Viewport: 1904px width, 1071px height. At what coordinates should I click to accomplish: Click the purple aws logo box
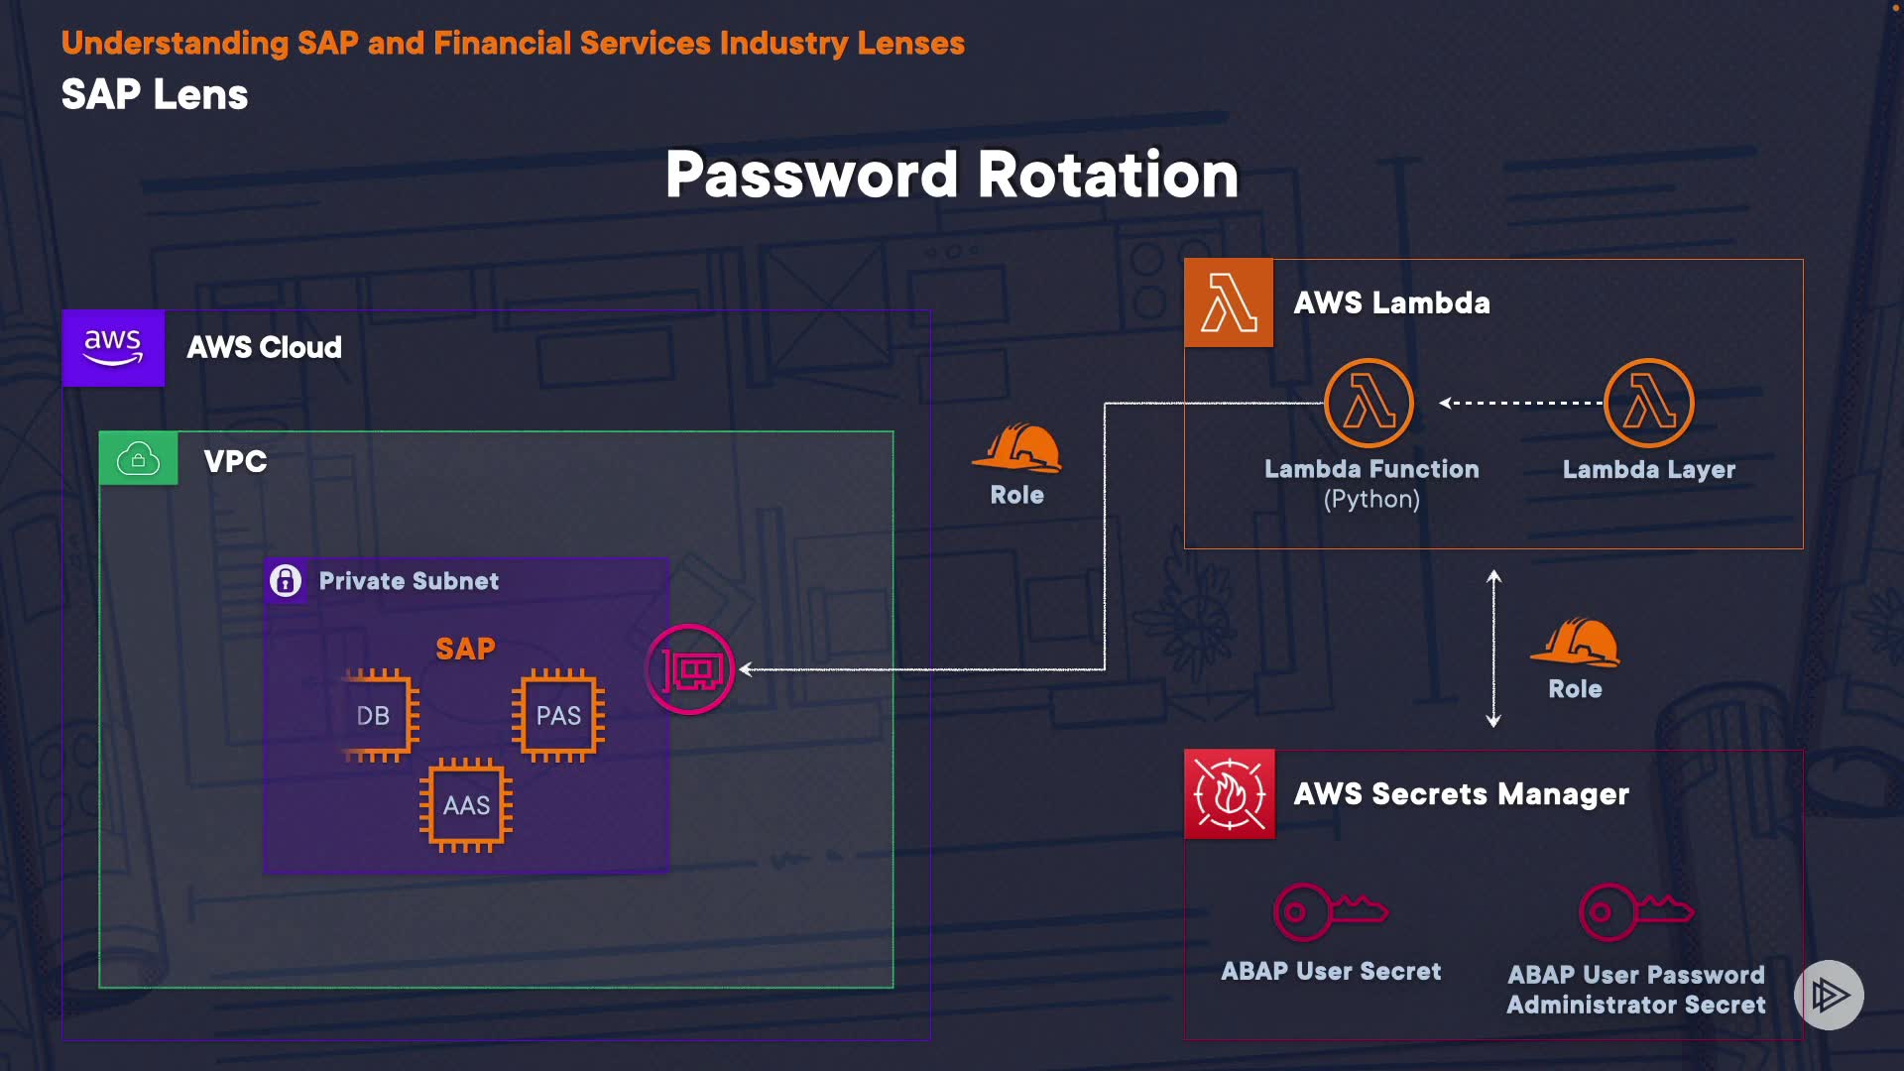(113, 348)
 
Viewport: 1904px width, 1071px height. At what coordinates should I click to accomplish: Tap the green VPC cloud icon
(138, 459)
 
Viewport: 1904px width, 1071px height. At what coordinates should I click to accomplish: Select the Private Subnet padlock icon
(286, 580)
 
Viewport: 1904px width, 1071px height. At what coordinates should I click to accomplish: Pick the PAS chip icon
(558, 715)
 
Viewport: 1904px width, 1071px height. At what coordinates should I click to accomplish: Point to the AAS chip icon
(466, 804)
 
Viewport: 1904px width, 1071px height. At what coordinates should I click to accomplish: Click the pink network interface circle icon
(690, 669)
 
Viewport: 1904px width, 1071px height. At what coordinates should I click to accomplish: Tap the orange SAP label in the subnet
(465, 649)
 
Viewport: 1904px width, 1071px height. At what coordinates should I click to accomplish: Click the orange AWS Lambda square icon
(1229, 302)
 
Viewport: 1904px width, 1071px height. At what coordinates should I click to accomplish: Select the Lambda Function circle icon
(1369, 404)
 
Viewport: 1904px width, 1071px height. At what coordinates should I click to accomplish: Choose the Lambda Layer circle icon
(1649, 404)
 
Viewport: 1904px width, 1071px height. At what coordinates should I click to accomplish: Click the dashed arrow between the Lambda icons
(1520, 403)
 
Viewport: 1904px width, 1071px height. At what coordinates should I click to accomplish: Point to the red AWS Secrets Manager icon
(1230, 793)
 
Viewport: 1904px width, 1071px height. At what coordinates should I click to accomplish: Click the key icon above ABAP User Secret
(1330, 911)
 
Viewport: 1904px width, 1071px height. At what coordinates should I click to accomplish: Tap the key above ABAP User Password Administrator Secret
(1635, 911)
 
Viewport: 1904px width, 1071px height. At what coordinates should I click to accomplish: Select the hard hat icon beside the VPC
(1017, 448)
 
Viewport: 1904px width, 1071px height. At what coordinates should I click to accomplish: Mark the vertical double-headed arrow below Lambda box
(1493, 649)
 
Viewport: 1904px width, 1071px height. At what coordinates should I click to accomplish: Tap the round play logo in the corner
(1829, 995)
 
